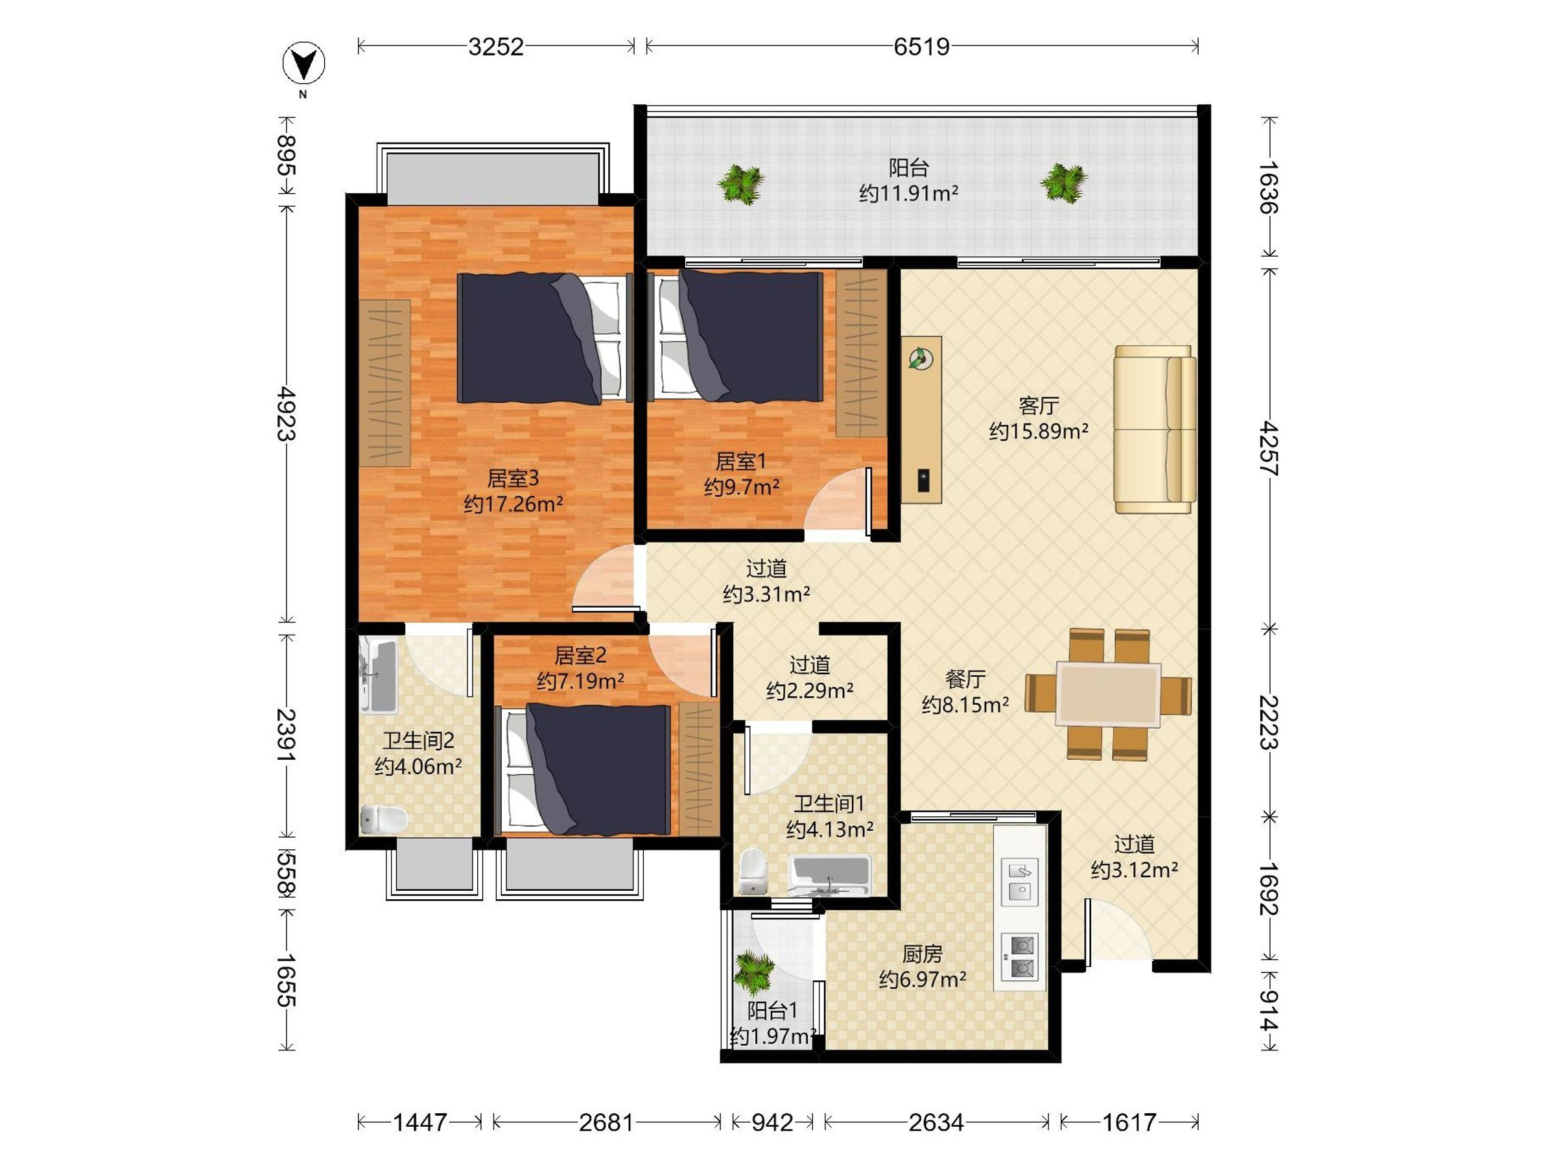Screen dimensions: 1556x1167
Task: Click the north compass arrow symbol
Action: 304,64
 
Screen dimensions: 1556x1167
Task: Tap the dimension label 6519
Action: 921,47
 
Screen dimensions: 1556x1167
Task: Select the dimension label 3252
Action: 496,47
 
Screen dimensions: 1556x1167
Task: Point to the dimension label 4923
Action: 286,414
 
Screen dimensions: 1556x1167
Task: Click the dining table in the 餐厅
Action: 1108,694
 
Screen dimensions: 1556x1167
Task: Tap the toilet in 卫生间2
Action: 384,819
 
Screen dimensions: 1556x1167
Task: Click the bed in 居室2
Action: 585,770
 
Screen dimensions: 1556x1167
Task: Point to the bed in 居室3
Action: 541,338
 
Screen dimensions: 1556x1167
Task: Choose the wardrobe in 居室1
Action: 861,353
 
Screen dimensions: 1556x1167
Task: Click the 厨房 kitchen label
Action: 922,954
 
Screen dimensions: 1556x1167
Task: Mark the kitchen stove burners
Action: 1019,957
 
